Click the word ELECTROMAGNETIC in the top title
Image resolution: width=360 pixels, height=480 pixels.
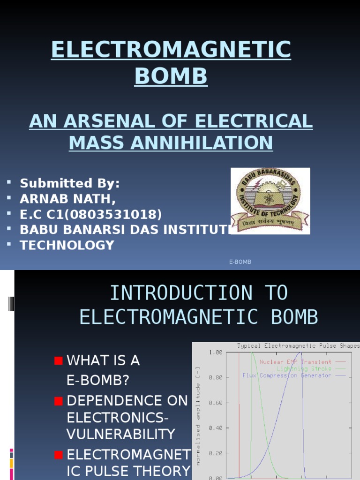(x=171, y=50)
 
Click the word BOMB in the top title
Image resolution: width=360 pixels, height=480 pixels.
(x=171, y=76)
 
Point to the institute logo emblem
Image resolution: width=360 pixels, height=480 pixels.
(x=270, y=200)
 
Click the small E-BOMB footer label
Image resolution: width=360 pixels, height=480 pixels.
(x=240, y=262)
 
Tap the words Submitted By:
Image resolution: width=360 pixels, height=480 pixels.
(x=70, y=183)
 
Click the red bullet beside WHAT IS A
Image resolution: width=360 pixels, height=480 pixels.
(x=58, y=360)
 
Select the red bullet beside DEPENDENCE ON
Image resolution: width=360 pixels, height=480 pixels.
(x=58, y=401)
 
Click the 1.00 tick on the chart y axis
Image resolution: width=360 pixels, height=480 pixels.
(x=215, y=352)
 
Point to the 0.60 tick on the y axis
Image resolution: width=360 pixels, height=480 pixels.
(x=215, y=403)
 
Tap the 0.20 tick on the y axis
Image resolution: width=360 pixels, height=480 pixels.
(x=215, y=453)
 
